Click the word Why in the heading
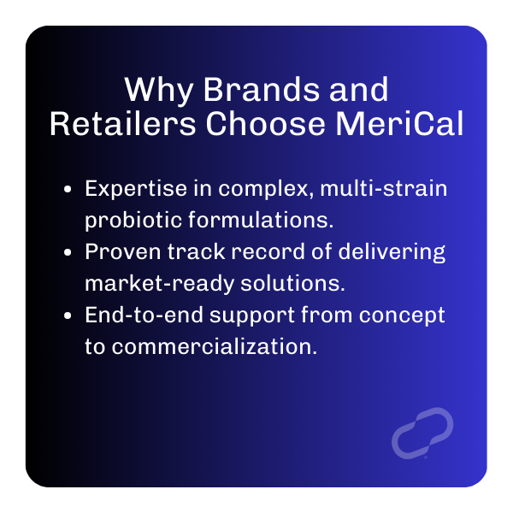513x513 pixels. (159, 91)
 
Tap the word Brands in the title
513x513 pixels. (262, 89)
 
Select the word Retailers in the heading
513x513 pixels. (123, 123)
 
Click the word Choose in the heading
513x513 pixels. (265, 123)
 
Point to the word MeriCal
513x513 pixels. (399, 123)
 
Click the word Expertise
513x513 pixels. (136, 190)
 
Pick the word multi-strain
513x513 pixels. (383, 188)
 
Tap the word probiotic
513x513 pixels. (133, 221)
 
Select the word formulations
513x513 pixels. (261, 220)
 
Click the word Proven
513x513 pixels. (123, 251)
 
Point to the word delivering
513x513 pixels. (392, 252)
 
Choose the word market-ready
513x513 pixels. (159, 284)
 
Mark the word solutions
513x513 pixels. (292, 283)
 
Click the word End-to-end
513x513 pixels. (144, 315)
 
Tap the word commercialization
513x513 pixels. (215, 346)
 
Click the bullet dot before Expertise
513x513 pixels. (68, 189)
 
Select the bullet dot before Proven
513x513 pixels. (68, 252)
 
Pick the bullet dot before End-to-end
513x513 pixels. (68, 315)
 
